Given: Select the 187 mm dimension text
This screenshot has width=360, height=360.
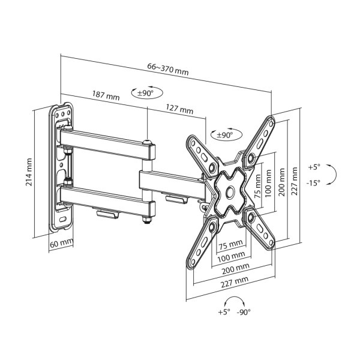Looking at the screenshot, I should pyautogui.click(x=106, y=96).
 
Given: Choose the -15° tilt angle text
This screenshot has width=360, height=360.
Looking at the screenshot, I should pyautogui.click(x=314, y=182).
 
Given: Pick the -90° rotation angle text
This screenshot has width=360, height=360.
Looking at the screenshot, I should pyautogui.click(x=244, y=312).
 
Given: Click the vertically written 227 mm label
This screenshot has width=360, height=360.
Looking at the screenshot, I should pyautogui.click(x=294, y=178).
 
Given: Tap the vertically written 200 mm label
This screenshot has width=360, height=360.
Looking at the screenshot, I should pyautogui.click(x=281, y=178).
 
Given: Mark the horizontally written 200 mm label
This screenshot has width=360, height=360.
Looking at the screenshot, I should pyautogui.click(x=235, y=268).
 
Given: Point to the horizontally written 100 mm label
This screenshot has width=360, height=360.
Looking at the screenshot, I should pyautogui.click(x=230, y=256).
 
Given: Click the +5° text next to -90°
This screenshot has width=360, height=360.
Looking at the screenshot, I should pyautogui.click(x=224, y=312).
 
